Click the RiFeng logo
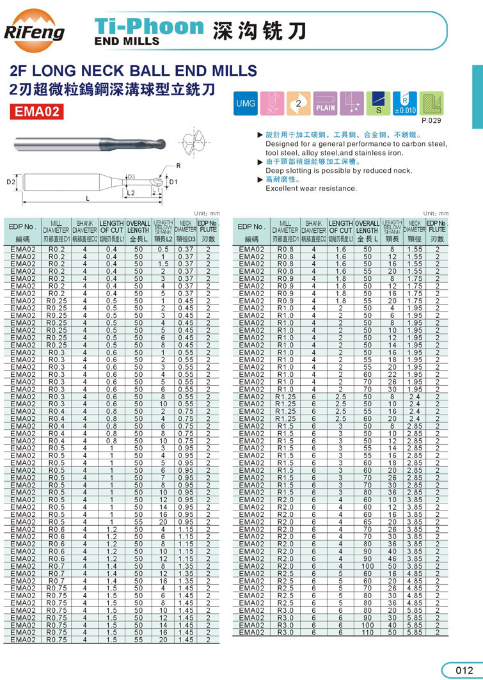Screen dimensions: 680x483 (35, 28)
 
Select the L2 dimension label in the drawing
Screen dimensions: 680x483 (130, 192)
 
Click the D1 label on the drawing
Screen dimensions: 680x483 (173, 182)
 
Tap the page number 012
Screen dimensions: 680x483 (463, 670)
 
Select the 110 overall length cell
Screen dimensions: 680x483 (367, 632)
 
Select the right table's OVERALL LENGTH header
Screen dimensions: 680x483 (367, 227)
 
